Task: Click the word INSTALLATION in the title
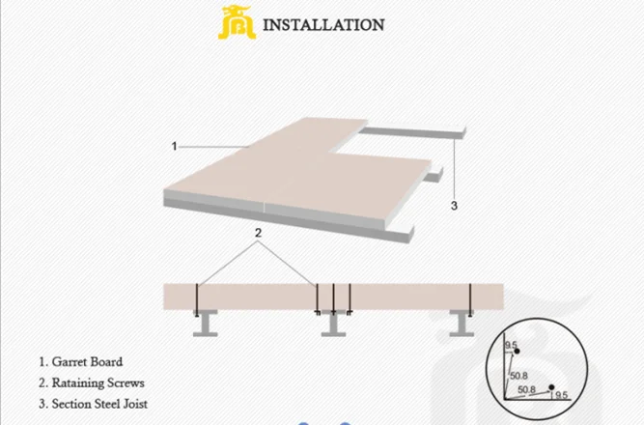pos(324,24)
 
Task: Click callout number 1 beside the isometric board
pos(175,146)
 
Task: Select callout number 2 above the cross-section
pos(258,234)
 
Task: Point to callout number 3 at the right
pos(454,205)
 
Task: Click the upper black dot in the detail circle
pos(518,350)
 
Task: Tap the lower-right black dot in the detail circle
pos(550,387)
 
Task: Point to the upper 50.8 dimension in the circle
pos(518,375)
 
